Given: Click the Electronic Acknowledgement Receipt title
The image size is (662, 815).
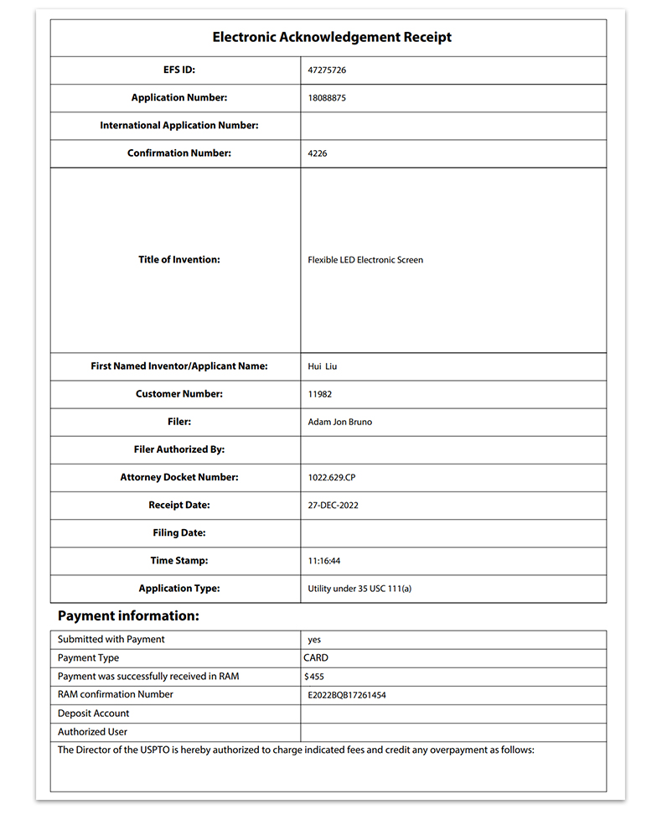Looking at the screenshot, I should [332, 38].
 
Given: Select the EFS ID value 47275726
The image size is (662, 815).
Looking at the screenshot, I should [327, 70].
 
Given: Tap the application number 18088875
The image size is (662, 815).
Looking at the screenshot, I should [327, 98].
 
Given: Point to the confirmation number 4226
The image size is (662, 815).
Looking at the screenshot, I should [318, 153].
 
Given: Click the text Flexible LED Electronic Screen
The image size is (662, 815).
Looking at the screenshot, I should [365, 260].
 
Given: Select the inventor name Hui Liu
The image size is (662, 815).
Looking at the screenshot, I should [323, 366].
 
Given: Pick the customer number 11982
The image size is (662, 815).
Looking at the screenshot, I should [321, 394].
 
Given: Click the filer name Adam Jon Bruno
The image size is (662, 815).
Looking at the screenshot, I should [339, 422].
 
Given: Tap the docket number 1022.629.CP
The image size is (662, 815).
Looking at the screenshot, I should [332, 477].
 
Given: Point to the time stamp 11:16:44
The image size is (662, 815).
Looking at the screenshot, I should [324, 561].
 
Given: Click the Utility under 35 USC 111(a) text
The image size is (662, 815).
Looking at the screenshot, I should [359, 589].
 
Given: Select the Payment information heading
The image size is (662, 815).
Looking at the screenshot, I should [128, 616].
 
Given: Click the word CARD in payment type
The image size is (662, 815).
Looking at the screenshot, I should [316, 658].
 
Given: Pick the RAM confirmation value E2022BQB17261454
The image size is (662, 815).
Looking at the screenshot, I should [347, 695].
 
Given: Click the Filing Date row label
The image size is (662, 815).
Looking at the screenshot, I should [179, 533].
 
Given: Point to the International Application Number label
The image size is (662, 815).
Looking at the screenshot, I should [179, 126].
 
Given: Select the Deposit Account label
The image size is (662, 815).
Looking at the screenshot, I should [94, 714].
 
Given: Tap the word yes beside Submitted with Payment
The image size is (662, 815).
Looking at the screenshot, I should [314, 640].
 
